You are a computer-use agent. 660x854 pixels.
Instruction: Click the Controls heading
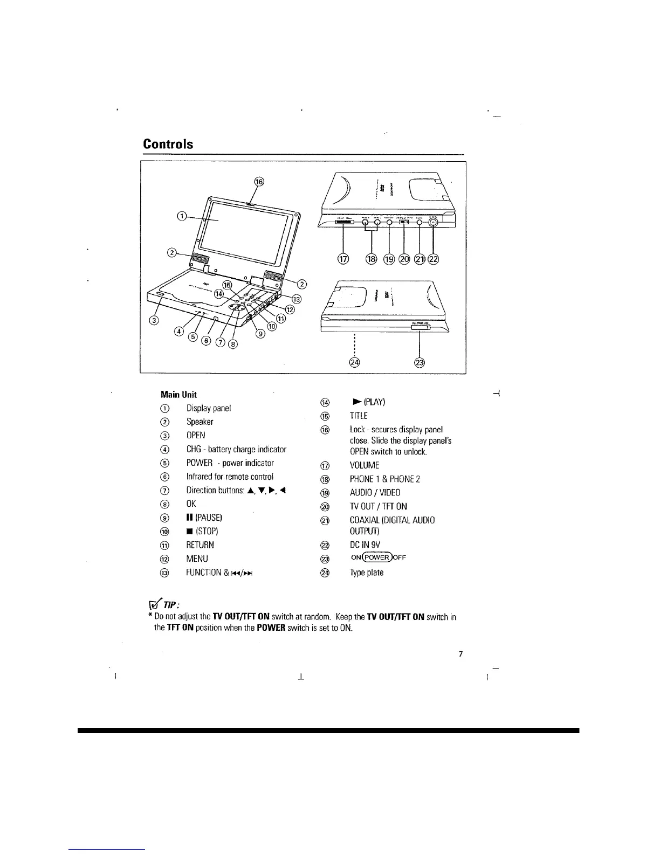(x=168, y=144)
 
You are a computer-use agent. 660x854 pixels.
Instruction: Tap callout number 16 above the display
(x=259, y=182)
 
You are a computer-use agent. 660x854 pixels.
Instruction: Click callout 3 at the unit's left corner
(x=153, y=322)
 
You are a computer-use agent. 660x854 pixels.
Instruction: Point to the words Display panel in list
(x=209, y=408)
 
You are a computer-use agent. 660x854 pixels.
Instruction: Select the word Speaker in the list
(x=200, y=422)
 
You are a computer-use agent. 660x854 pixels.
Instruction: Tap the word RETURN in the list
(x=200, y=545)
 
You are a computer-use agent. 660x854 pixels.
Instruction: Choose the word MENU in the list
(x=197, y=559)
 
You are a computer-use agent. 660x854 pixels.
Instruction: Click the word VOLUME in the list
(x=365, y=465)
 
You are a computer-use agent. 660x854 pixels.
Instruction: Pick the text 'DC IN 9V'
(x=365, y=545)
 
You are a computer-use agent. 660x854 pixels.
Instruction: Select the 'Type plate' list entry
(x=367, y=573)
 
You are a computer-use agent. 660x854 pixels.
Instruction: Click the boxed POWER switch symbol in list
(x=377, y=558)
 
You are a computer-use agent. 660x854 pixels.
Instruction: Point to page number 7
(x=460, y=655)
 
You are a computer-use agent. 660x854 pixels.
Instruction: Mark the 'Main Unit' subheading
(x=178, y=395)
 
